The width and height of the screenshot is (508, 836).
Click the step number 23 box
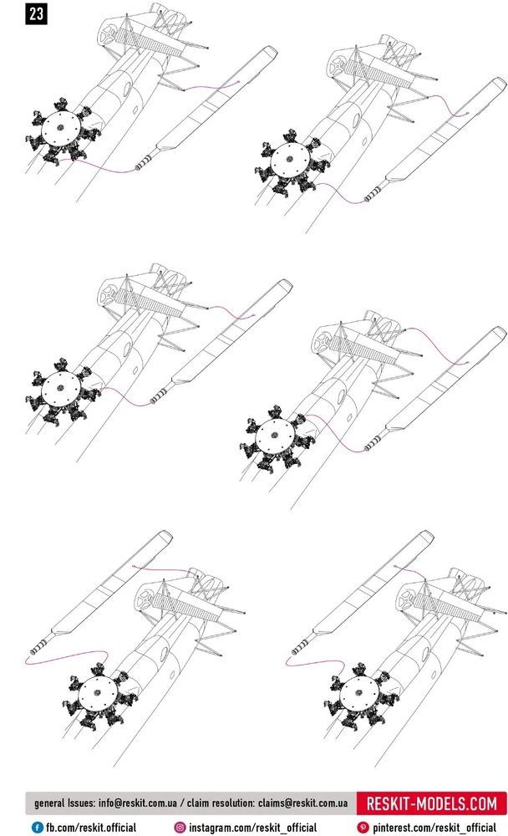click(36, 13)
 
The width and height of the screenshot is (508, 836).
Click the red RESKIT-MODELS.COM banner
click(431, 803)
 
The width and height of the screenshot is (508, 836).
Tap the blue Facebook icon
click(38, 828)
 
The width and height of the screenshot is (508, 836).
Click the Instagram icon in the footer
click(180, 828)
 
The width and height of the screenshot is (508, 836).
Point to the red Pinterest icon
click(363, 828)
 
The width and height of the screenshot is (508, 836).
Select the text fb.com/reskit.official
click(90, 828)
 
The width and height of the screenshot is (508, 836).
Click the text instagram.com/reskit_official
click(252, 828)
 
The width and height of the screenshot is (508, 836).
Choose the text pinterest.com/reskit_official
click(434, 828)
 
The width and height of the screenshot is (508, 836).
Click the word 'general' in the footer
click(49, 803)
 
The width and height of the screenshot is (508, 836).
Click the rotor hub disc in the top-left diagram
click(60, 128)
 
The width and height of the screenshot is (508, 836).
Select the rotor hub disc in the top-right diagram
click(290, 160)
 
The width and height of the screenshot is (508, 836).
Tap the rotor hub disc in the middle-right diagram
click(275, 436)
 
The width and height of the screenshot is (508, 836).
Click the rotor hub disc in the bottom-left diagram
click(98, 693)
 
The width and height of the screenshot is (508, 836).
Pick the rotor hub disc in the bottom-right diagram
click(358, 693)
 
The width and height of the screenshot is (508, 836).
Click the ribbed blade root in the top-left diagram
click(146, 161)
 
